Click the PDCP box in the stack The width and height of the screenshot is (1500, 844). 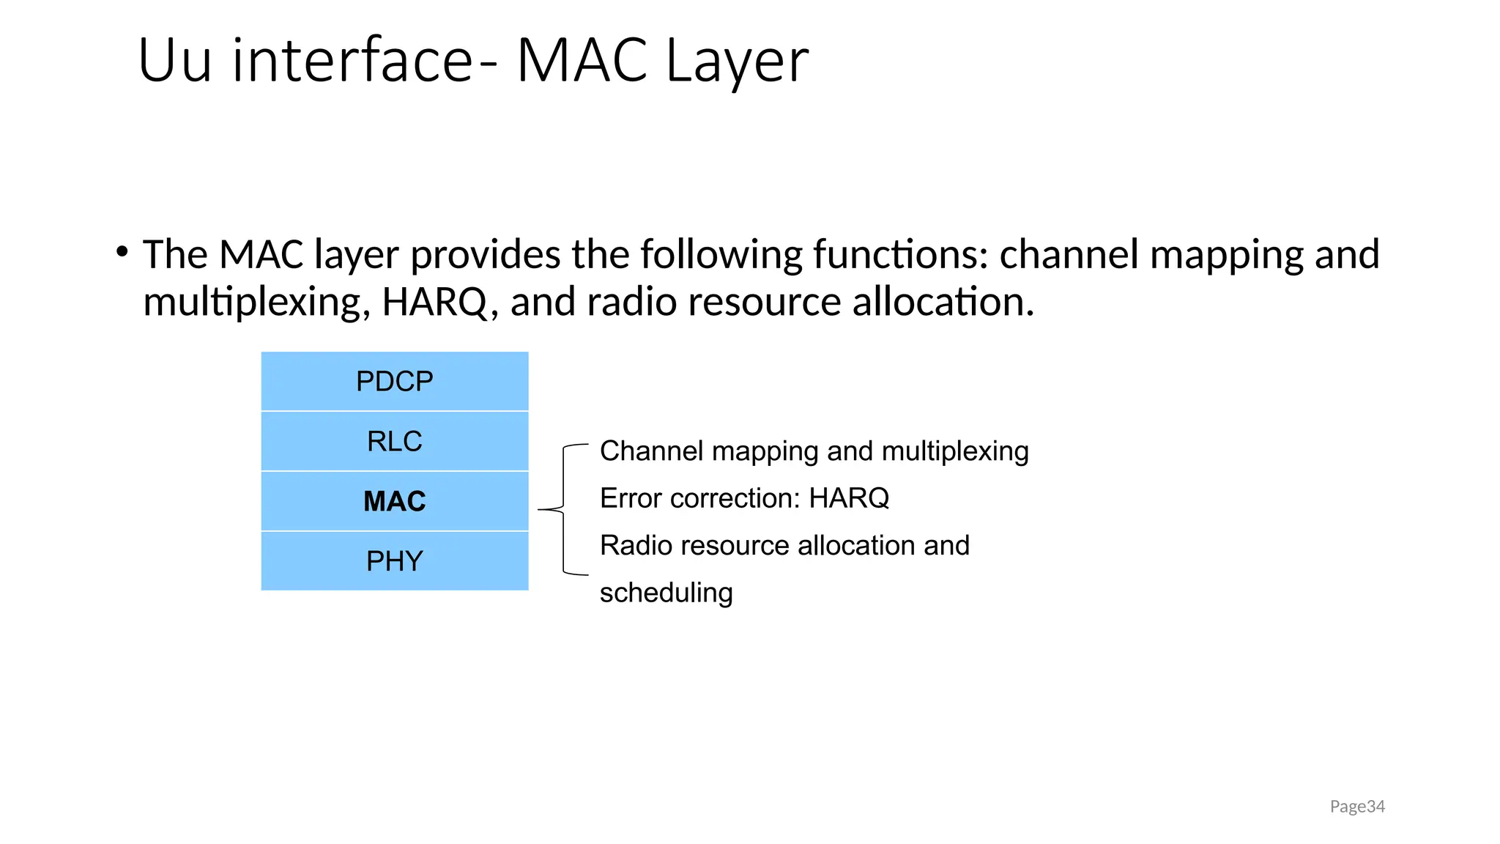pos(394,381)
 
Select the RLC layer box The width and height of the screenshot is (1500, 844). pos(394,441)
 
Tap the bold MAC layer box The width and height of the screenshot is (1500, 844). pos(394,501)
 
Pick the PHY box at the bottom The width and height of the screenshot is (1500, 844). pos(394,561)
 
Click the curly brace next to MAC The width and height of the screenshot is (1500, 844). pos(563,509)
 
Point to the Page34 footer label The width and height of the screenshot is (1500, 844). pos(1356,807)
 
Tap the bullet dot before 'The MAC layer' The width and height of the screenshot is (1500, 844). pos(122,252)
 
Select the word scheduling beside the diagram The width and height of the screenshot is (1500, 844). pos(666,593)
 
